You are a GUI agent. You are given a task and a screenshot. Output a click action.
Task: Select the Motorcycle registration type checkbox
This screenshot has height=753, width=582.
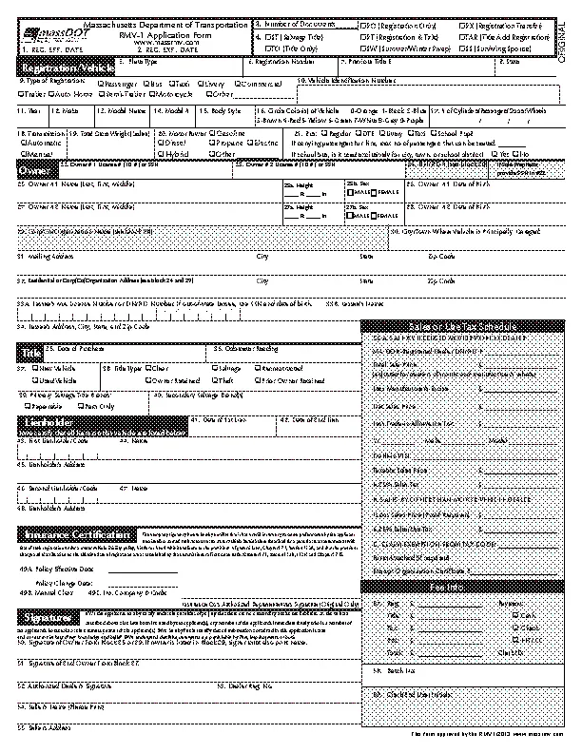(153, 95)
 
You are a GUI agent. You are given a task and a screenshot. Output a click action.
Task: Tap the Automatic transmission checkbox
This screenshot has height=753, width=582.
(23, 143)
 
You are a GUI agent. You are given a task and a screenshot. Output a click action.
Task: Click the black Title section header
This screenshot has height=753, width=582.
(29, 354)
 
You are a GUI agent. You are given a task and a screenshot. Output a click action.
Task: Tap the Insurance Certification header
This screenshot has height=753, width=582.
(78, 534)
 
